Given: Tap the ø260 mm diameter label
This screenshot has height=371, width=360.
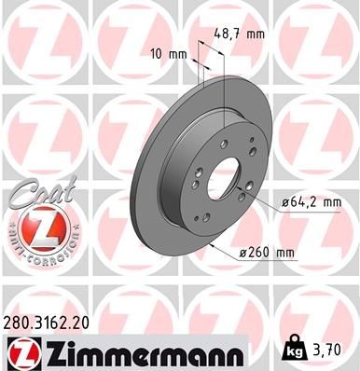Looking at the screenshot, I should [x=273, y=252].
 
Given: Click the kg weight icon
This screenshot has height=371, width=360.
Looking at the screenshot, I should [x=295, y=351].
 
